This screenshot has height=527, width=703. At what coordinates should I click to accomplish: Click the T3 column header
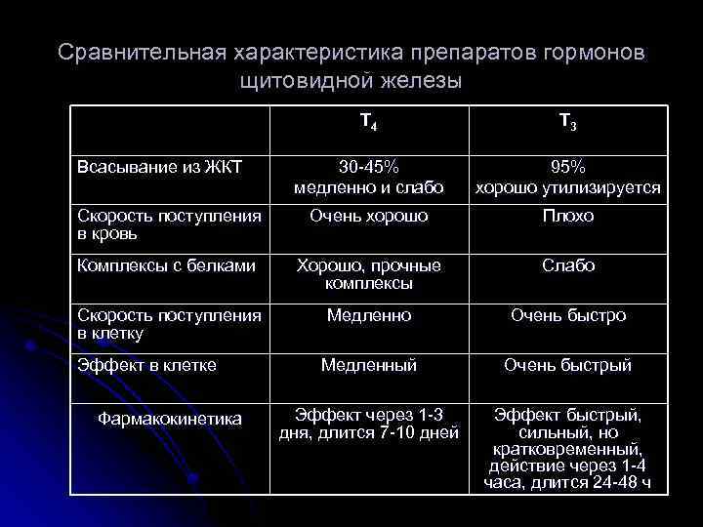pyautogui.click(x=567, y=122)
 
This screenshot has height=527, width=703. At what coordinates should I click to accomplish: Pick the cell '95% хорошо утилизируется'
pyautogui.click(x=567, y=177)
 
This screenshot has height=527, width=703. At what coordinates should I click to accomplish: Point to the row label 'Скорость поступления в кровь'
pyautogui.click(x=169, y=224)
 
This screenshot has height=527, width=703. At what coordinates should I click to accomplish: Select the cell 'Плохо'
pyautogui.click(x=567, y=216)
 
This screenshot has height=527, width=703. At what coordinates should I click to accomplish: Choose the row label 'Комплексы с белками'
pyautogui.click(x=166, y=265)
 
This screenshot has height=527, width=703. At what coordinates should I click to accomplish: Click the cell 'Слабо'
pyautogui.click(x=567, y=265)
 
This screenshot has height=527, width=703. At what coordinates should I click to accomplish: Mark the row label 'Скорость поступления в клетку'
pyautogui.click(x=169, y=324)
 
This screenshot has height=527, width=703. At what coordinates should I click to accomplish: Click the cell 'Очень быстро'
pyautogui.click(x=567, y=315)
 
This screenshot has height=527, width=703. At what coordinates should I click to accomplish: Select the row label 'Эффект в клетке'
pyautogui.click(x=146, y=365)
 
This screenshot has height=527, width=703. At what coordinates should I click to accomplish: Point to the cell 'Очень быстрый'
pyautogui.click(x=567, y=365)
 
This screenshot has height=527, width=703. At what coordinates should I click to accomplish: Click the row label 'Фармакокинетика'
pyautogui.click(x=170, y=419)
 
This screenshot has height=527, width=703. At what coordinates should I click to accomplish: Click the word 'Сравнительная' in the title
pyautogui.click(x=141, y=51)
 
